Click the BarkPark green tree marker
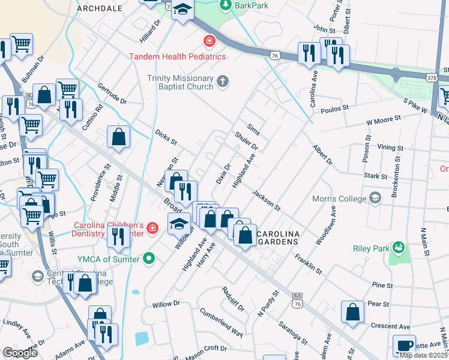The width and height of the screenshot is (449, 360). (x=225, y=5)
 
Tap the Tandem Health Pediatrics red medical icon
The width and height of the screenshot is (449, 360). (x=209, y=41)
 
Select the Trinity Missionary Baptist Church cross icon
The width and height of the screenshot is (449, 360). (x=223, y=82)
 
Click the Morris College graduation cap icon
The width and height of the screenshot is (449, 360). (x=375, y=198)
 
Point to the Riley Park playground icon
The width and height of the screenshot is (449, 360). (x=397, y=247)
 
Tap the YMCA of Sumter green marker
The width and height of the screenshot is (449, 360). (x=149, y=259)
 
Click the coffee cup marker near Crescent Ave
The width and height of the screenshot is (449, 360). (x=404, y=345)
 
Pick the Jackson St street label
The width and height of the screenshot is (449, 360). (x=267, y=200)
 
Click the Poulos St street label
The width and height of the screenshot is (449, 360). (x=334, y=110)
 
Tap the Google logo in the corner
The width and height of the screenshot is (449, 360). (x=20, y=353)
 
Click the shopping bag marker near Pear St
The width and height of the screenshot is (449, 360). (x=352, y=311)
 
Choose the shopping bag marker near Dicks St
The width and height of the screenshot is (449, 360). (x=119, y=136)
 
